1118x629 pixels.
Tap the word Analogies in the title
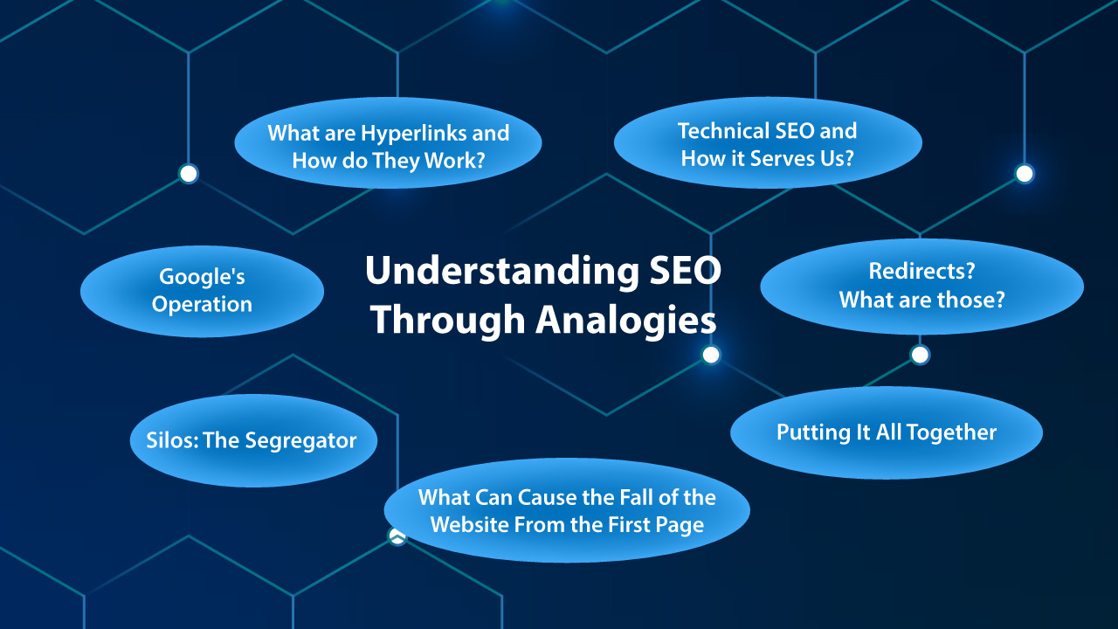[626, 321]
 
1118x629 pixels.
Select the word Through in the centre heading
[448, 321]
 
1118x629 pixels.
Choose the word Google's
[202, 277]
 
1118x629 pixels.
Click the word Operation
[202, 305]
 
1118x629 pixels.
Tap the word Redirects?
[921, 271]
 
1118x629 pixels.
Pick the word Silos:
[171, 440]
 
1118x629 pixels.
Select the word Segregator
[301, 441]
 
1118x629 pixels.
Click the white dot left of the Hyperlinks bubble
[189, 174]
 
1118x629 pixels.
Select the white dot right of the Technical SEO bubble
[1025, 174]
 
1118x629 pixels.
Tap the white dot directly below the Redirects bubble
[920, 355]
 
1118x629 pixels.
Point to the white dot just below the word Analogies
[711, 355]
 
